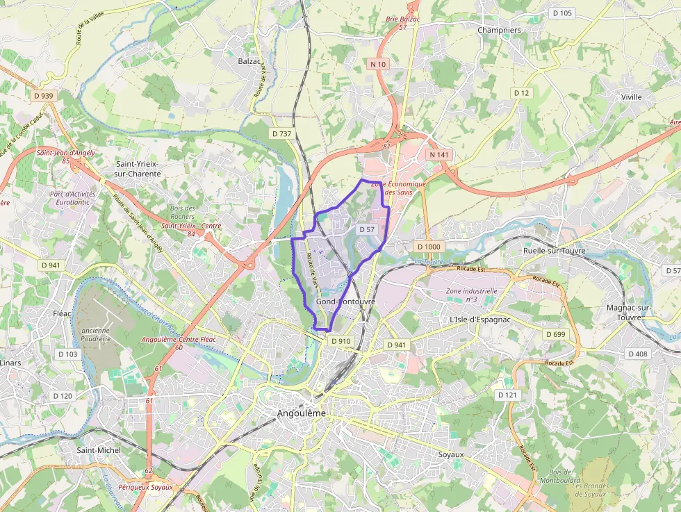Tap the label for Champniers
pyautogui.click(x=499, y=30)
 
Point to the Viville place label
pyautogui.click(x=632, y=97)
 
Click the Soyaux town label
pyautogui.click(x=451, y=454)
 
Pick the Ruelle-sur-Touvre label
pyautogui.click(x=554, y=251)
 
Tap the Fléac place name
pyautogui.click(x=62, y=313)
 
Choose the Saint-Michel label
pyautogui.click(x=99, y=450)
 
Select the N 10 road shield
pyautogui.click(x=378, y=64)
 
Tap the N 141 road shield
pyautogui.click(x=438, y=154)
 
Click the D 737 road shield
pyautogui.click(x=281, y=133)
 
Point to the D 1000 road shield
pyautogui.click(x=429, y=247)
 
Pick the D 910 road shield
pyautogui.click(x=341, y=341)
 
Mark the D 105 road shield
pyautogui.click(x=561, y=13)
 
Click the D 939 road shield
pyautogui.click(x=43, y=95)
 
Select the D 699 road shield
pyautogui.click(x=555, y=335)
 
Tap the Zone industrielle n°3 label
pyautogui.click(x=472, y=295)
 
